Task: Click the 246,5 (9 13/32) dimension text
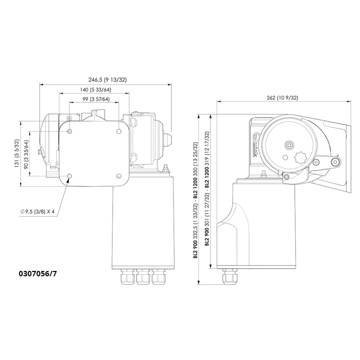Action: click(x=107, y=80)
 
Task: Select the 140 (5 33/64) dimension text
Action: click(x=94, y=90)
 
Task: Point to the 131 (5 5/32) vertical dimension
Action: click(x=17, y=153)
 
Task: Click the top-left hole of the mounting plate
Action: click(x=69, y=131)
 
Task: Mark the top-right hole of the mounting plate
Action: click(x=118, y=131)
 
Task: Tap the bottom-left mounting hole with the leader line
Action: click(x=69, y=175)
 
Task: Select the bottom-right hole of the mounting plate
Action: click(x=118, y=175)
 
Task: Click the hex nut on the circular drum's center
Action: click(x=288, y=145)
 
